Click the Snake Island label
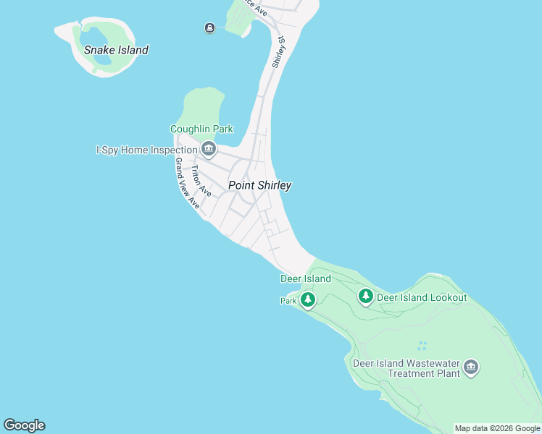[116, 50]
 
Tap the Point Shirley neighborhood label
[259, 185]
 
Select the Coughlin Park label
[201, 129]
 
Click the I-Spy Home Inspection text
[146, 150]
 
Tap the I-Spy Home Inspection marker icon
[209, 150]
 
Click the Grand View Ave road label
[187, 184]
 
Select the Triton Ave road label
[201, 182]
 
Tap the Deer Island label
[305, 278]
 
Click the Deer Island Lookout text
[422, 297]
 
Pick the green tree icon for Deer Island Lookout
[366, 295]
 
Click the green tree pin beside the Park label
[308, 299]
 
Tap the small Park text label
[288, 300]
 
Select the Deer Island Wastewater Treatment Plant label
[405, 368]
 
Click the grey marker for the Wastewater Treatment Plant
[471, 367]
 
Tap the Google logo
[24, 425]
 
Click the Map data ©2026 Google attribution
[497, 428]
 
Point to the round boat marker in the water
[209, 28]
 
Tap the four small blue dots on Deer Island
[422, 346]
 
